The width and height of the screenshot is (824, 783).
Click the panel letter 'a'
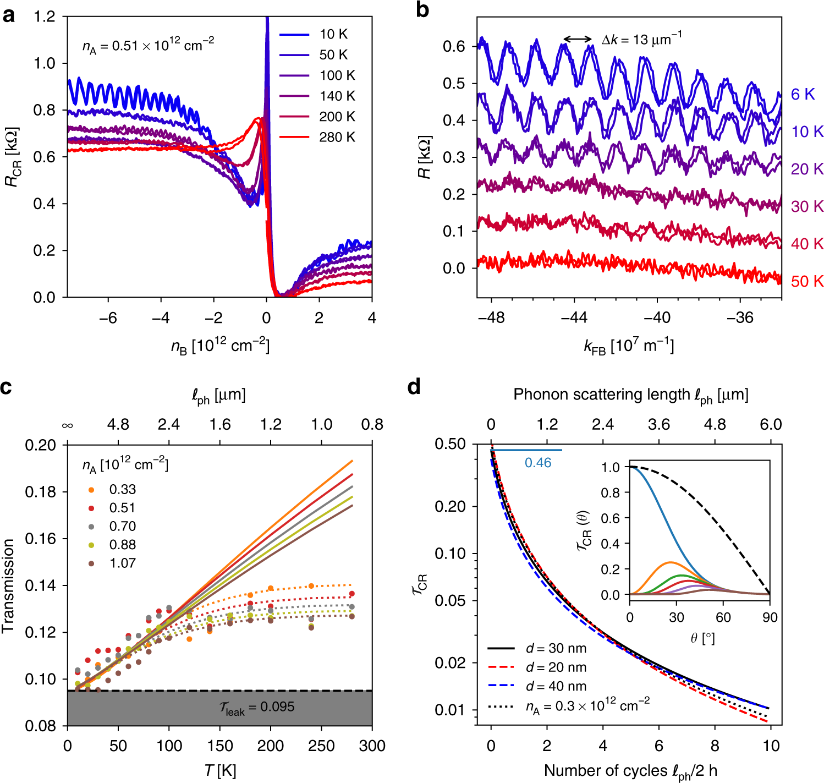coord(9,15)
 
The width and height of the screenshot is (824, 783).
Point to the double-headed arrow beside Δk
coord(578,39)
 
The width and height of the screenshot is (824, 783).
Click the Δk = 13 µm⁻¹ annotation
coord(641,39)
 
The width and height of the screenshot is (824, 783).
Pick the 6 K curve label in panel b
coord(803,94)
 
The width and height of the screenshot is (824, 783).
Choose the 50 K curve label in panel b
coord(807,281)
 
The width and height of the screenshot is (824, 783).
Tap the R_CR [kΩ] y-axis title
coord(12,157)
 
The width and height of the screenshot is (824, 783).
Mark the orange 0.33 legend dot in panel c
coord(91,490)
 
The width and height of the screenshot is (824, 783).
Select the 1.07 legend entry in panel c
coord(122,563)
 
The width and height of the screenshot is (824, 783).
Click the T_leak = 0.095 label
coord(257,708)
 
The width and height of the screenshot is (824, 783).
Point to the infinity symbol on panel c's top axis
coord(68,425)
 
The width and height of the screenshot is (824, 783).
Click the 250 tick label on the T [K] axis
coord(321,746)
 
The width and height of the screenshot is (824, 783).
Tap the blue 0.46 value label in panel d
coord(537,463)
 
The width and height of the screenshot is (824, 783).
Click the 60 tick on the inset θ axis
coord(723,617)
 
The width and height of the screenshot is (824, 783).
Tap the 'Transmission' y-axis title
coord(8,585)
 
